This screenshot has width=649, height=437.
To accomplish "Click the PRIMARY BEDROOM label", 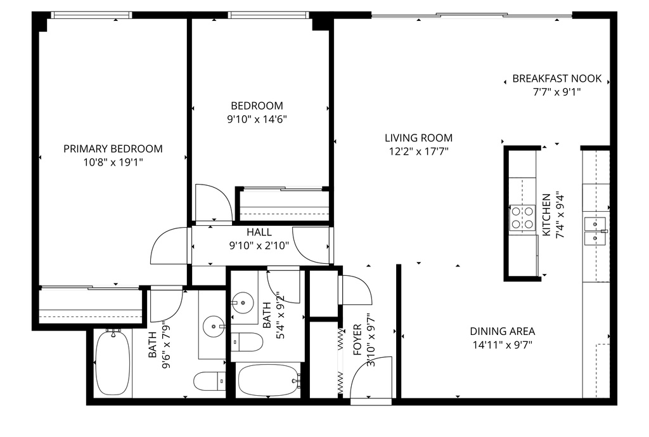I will tap(113, 149).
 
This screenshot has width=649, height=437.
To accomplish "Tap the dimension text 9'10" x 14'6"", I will tap(257, 119).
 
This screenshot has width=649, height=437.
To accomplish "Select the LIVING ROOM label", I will tap(418, 138).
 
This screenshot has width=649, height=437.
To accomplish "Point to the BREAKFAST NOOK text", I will tap(556, 79).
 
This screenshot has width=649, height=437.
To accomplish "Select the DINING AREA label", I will tap(502, 331).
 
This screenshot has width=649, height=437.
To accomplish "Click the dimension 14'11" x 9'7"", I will tap(502, 345).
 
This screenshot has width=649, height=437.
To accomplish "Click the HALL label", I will tap(259, 233).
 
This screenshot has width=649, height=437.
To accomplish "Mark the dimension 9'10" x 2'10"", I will tap(259, 245).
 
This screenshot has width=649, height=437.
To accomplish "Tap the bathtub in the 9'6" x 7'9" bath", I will tap(112, 363).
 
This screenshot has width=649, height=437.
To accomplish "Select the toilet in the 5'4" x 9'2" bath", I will tap(247, 342).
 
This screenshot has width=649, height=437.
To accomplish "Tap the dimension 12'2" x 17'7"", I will tap(418, 151).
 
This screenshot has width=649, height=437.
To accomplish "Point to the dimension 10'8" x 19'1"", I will tap(113, 162).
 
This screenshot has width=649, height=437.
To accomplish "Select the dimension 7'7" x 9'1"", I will tap(556, 92).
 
